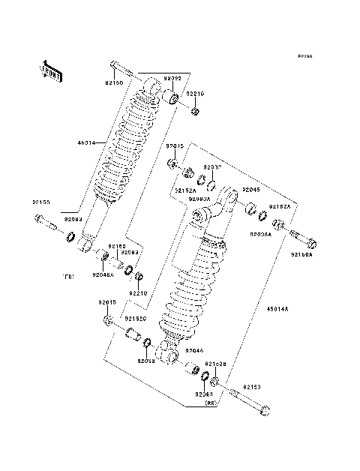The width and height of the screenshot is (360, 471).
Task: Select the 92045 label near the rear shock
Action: click(250, 190)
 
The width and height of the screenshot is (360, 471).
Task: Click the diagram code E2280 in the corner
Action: click(304, 56)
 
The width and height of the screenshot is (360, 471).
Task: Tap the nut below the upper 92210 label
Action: click(194, 112)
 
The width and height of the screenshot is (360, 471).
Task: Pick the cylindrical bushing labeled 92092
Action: click(170, 99)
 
